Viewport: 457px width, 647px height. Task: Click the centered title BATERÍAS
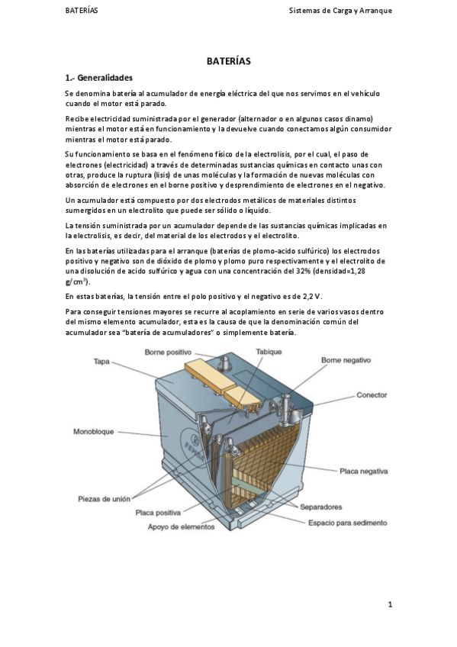click(x=229, y=61)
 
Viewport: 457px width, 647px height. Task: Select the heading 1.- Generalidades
click(x=99, y=78)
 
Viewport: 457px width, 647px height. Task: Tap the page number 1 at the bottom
click(x=390, y=605)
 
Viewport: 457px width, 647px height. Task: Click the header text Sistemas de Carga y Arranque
click(x=340, y=11)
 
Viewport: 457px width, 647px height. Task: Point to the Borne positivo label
click(x=168, y=352)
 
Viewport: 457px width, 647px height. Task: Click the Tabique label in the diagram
click(x=269, y=352)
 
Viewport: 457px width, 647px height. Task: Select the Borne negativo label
click(x=346, y=360)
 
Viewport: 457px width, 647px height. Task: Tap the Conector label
click(x=372, y=395)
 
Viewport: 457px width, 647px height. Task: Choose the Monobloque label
click(x=93, y=432)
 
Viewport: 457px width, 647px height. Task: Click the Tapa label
click(x=101, y=362)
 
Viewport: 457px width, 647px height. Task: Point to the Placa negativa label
click(x=363, y=472)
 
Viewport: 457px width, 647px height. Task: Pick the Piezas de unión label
click(x=104, y=499)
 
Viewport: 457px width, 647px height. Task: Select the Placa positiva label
click(x=158, y=513)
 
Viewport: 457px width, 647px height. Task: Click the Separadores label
click(x=321, y=507)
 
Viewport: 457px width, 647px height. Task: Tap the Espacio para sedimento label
click(x=348, y=523)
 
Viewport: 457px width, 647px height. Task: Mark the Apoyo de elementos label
click(x=181, y=527)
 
